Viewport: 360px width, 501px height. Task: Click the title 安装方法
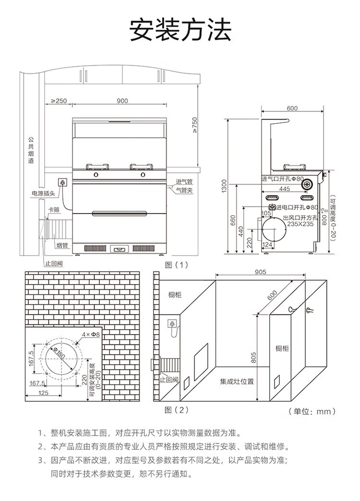180,30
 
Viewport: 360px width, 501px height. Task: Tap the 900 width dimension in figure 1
122,101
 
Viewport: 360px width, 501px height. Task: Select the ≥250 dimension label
59,101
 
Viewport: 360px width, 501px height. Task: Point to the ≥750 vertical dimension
195,125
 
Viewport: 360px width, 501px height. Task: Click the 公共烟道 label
31,150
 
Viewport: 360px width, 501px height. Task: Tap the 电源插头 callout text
43,193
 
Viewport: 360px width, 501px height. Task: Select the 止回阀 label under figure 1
54,263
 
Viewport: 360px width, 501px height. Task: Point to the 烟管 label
62,245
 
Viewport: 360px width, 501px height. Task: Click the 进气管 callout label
184,181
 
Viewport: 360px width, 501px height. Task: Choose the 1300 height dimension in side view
224,186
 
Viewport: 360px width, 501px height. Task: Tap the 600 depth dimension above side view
292,108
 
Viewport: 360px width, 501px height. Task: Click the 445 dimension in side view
284,189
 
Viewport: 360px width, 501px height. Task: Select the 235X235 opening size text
300,224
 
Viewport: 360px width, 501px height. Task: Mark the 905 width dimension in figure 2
260,272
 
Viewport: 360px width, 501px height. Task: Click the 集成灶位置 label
237,381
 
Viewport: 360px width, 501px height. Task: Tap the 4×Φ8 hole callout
91,334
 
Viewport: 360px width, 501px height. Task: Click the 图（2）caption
177,410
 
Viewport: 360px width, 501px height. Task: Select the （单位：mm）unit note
312,411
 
